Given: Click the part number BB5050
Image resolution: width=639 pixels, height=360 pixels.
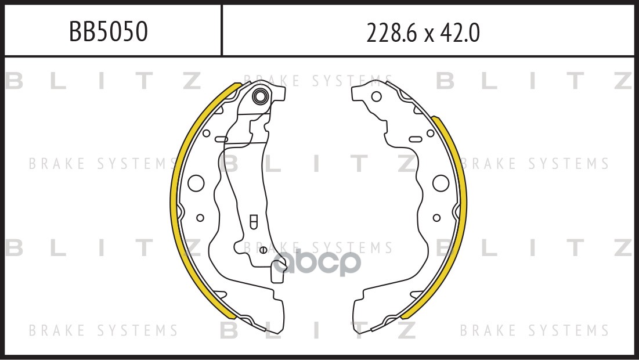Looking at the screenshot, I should (109, 33).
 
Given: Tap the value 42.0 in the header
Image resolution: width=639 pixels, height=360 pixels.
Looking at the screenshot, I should (462, 34).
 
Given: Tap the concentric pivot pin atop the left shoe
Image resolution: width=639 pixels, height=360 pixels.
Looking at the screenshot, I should (261, 96).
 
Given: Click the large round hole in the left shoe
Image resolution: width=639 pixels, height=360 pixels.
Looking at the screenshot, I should (197, 183).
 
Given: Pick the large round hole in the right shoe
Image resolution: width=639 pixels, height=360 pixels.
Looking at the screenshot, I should (441, 183).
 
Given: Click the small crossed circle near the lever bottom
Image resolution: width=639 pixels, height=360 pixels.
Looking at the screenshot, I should (262, 250).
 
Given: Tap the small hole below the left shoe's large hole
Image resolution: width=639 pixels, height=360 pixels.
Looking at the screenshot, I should (200, 218).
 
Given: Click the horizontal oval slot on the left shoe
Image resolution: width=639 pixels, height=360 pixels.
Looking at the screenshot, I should (222, 139).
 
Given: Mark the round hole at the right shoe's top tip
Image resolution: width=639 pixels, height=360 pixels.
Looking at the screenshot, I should (376, 96).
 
